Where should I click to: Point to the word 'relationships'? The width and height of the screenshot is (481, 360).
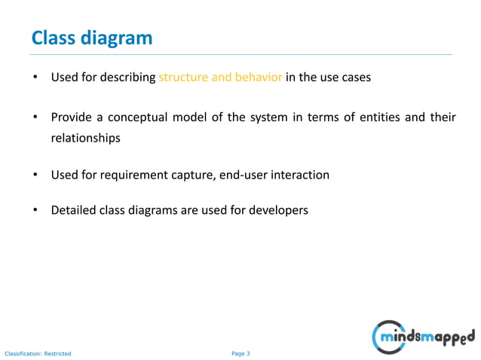coord(85,139)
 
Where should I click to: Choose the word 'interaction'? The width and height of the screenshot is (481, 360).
coord(299,175)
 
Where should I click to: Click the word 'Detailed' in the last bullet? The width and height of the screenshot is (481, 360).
coord(72,210)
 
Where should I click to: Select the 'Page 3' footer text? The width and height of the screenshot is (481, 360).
coord(240,353)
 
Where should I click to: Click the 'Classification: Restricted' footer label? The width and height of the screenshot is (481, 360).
coord(38,353)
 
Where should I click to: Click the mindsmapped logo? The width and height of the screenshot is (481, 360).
coord(424,334)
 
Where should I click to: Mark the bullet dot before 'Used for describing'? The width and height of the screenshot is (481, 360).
coord(35,78)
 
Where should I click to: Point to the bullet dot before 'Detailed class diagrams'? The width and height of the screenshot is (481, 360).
coord(35,210)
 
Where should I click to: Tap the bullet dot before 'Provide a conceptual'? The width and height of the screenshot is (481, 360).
coord(35,119)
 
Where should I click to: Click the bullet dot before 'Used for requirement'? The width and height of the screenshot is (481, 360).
coord(35,175)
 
